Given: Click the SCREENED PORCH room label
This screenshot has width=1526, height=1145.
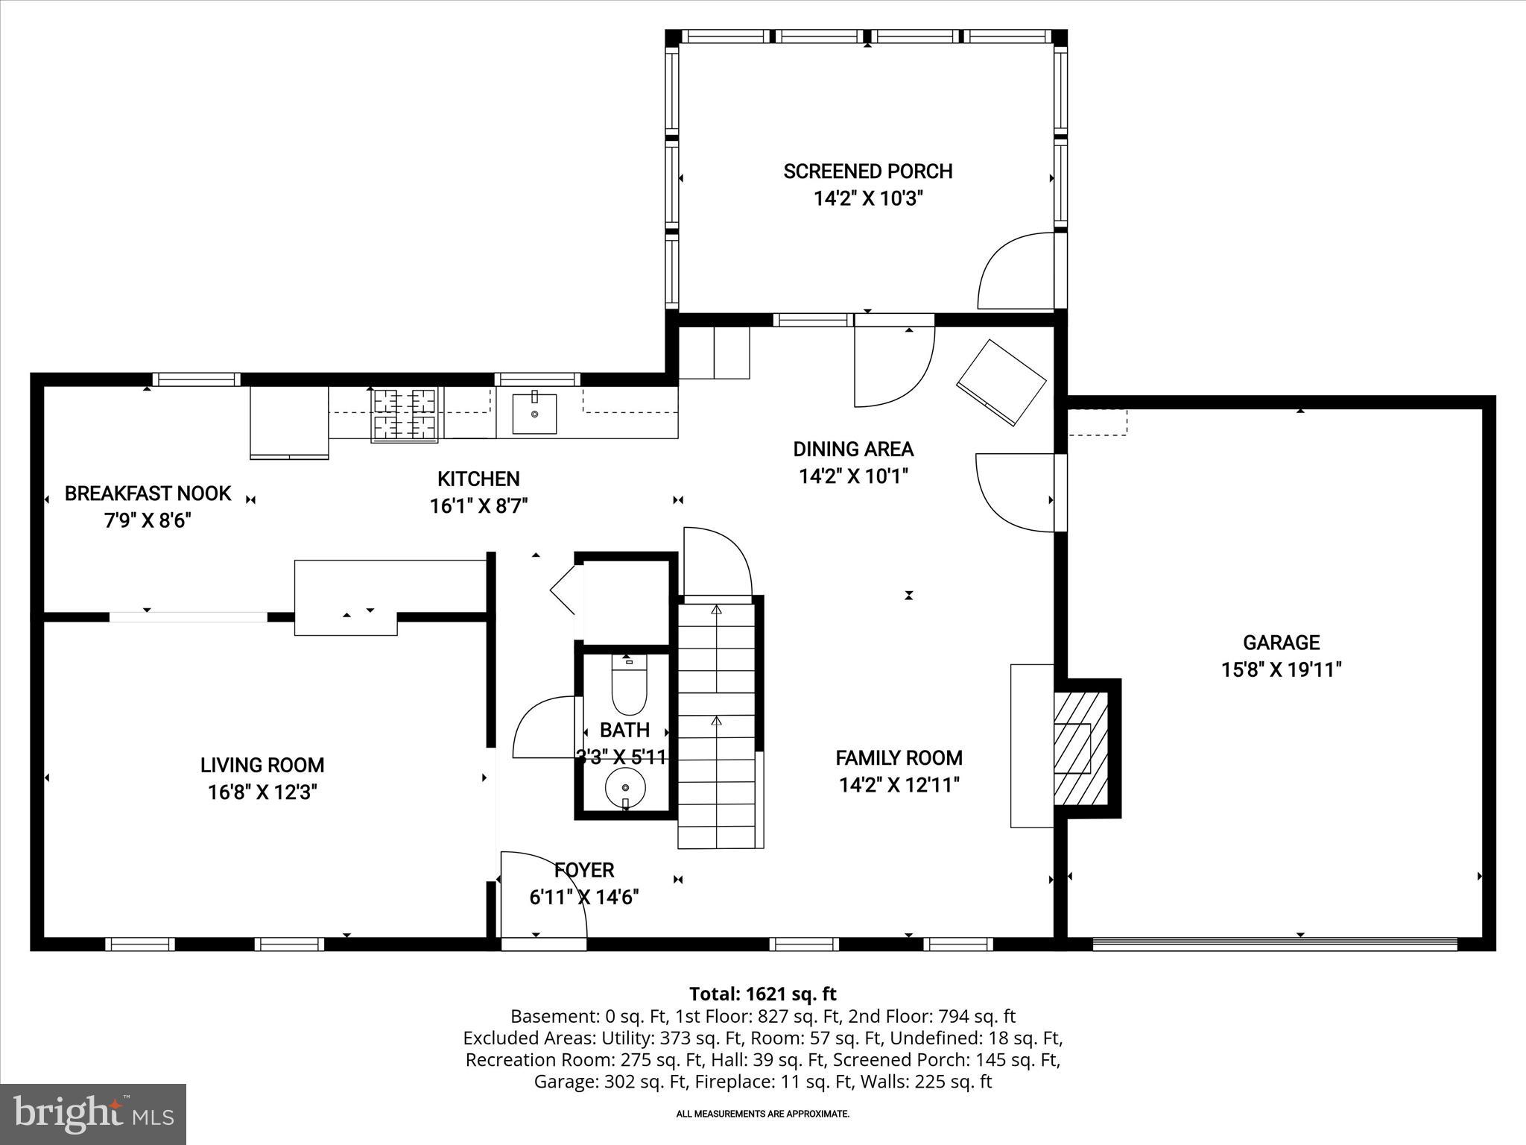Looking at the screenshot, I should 867,171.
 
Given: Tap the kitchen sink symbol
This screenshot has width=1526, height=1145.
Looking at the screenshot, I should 534,414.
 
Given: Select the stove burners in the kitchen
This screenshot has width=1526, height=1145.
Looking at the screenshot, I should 405,415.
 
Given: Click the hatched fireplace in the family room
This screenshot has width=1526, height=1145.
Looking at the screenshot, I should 1080,748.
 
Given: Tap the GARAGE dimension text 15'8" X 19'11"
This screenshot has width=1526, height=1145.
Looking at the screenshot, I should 1281,669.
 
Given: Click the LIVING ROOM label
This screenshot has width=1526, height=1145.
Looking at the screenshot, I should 262,765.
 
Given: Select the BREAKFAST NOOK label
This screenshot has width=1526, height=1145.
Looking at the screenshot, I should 148,493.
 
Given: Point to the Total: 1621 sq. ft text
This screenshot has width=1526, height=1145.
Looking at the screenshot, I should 762,994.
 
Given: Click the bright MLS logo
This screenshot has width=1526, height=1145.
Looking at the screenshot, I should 93,1114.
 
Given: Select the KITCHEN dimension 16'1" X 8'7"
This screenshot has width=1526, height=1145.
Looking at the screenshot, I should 478,506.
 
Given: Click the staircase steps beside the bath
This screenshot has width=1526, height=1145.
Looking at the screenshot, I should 717,727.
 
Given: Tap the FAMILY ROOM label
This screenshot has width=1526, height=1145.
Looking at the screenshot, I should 899,758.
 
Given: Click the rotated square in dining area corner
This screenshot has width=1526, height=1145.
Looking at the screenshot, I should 1001,382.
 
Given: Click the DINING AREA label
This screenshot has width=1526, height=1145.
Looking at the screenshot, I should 853,449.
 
